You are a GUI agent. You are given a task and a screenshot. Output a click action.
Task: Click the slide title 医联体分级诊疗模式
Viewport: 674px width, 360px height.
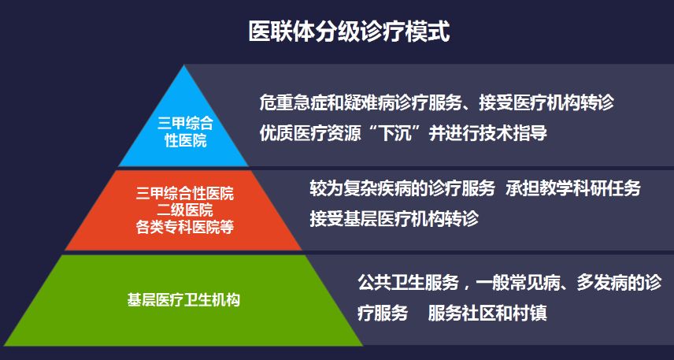[349, 32]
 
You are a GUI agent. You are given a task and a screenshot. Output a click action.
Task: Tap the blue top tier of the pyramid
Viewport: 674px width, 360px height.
[184, 129]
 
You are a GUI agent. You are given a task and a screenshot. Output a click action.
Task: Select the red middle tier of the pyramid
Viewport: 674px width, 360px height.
[184, 210]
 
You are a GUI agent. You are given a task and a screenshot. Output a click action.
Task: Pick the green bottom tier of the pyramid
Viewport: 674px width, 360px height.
[184, 300]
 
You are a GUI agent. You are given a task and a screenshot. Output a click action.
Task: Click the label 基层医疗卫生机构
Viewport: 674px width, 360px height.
[183, 300]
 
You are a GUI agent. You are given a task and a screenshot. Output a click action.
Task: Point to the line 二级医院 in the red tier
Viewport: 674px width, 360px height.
[185, 210]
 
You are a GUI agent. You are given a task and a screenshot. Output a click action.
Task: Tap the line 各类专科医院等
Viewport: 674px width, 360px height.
[185, 227]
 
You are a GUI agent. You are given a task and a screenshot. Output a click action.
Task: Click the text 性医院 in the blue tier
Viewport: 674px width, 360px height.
[186, 140]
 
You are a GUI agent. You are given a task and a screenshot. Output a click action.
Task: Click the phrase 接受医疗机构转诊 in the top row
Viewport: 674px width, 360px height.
[546, 102]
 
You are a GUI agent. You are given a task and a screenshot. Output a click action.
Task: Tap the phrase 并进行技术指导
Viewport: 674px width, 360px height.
[488, 133]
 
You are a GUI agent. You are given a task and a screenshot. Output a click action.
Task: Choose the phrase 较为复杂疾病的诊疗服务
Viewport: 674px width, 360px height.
[402, 188]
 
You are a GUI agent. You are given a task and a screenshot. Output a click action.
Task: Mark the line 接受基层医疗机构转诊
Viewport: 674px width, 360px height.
[394, 219]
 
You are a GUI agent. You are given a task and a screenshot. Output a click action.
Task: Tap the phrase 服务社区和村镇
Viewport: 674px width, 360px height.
[487, 314]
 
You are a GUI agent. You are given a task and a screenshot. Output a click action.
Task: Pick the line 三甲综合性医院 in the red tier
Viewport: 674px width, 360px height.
[185, 194]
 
